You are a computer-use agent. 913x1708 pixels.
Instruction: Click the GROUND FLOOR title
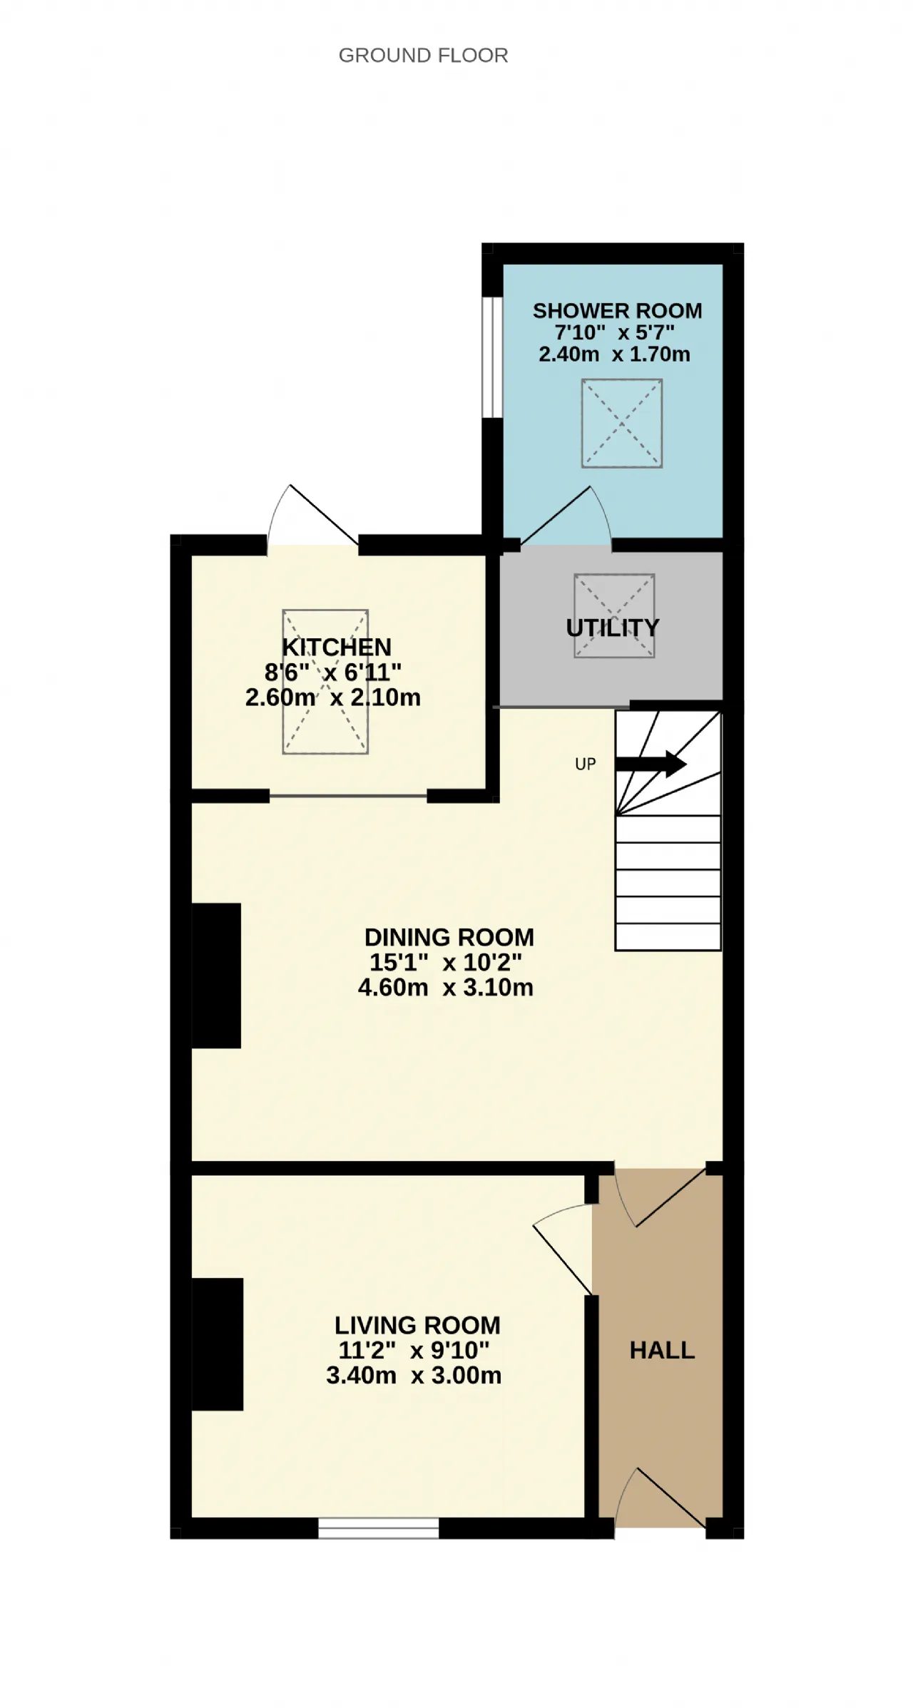coord(423,56)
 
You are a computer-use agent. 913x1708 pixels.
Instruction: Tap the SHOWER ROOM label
coord(617,311)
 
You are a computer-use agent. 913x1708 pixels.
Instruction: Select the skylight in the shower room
coord(622,424)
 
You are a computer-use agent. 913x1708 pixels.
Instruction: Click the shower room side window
coord(492,357)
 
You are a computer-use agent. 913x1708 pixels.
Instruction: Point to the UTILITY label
coord(613,628)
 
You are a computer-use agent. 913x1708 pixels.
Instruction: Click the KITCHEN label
coord(337,647)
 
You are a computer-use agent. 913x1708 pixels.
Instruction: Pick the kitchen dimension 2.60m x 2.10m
coord(333,697)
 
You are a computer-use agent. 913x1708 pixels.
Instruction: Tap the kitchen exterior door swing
coord(312,516)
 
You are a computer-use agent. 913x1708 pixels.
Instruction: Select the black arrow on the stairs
coord(651,764)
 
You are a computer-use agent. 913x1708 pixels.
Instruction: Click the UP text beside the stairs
coord(586,764)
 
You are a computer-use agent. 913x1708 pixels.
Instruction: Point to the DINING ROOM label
coord(449,937)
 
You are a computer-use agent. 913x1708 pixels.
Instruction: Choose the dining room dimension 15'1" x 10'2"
coord(446,962)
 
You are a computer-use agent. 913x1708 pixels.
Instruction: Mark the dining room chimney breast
coord(216,976)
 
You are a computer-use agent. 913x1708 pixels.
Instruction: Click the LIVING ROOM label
coord(417,1325)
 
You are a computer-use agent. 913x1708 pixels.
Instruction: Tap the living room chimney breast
coord(218,1344)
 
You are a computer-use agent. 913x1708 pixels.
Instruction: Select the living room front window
coord(378,1528)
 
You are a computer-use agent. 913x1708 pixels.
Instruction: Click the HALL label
coord(662,1350)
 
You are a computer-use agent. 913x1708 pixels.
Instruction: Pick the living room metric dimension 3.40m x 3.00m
coord(414,1375)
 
